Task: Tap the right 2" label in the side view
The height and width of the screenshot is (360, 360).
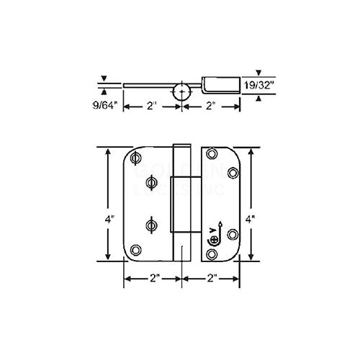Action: (x=209, y=107)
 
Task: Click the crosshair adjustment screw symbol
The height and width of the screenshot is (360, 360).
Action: (x=211, y=240)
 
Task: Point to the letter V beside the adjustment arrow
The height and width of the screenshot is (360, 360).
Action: (x=210, y=231)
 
